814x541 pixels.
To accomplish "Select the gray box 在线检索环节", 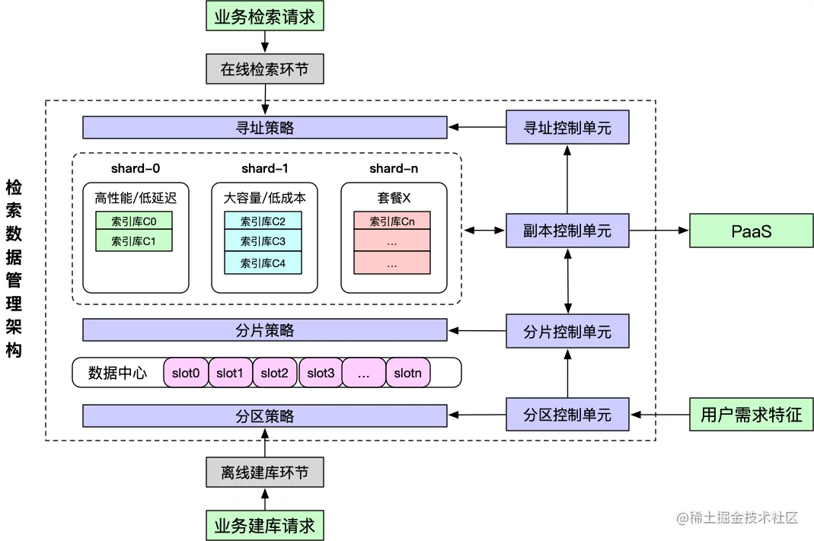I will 264,69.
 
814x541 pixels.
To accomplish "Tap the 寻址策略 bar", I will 264,128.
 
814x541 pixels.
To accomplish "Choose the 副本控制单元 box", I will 567,230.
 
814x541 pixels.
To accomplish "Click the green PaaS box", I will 751,231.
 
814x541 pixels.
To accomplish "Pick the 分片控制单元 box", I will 567,332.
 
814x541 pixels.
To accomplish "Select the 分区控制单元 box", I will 567,415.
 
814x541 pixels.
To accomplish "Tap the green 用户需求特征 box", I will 751,415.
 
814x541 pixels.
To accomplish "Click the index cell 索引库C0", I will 133,221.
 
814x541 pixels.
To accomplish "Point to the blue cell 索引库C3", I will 263,242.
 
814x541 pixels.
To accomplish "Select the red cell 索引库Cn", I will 391,221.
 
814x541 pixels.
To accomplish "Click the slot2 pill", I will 274,373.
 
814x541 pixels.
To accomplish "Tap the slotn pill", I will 407,373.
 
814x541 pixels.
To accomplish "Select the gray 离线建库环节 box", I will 264,473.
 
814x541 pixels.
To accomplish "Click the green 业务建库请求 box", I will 264,525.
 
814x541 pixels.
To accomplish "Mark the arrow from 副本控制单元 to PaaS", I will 659,231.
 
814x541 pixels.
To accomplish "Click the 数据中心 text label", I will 117,373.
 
